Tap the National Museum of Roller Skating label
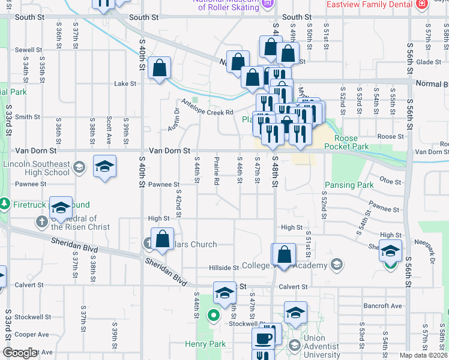[229, 4]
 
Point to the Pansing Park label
[349, 185]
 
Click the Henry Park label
[205, 344]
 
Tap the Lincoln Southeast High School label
[37, 168]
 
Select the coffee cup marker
[263, 338]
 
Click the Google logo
[20, 353]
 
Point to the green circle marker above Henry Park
[212, 314]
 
